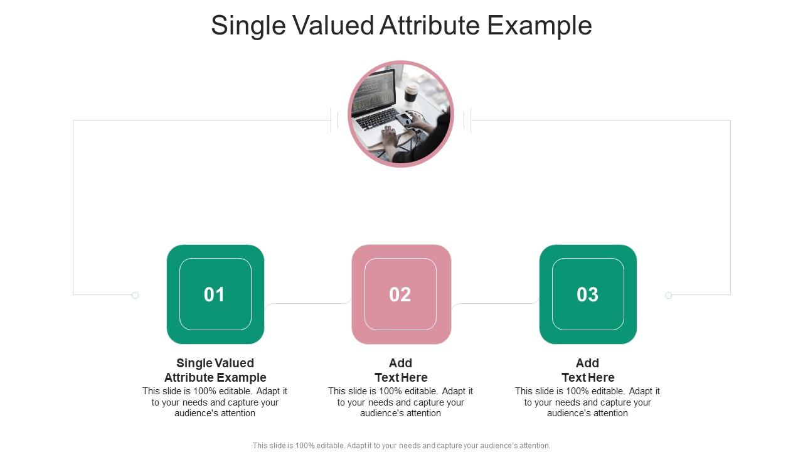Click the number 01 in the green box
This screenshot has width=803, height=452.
tap(215, 294)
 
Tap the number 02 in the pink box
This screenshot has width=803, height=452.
tap(400, 294)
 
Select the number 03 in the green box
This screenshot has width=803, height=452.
tap(588, 294)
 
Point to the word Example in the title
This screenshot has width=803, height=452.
tap(540, 26)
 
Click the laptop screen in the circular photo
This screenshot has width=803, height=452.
tap(375, 89)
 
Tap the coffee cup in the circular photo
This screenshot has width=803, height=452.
tap(411, 92)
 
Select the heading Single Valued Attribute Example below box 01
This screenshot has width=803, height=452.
tap(215, 370)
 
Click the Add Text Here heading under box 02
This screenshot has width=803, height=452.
tap(401, 370)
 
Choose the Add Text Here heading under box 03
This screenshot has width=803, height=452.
tap(588, 370)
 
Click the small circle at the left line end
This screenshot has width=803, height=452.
tap(135, 295)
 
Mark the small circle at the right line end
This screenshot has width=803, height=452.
tap(669, 295)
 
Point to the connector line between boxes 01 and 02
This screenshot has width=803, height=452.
tap(307, 304)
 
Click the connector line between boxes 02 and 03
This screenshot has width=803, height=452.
tap(496, 304)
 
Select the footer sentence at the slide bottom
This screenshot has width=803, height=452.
tap(401, 446)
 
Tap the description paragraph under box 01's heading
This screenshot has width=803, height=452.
tap(215, 402)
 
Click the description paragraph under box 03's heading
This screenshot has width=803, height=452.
tap(588, 402)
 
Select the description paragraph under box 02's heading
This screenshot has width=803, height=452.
tap(401, 402)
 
